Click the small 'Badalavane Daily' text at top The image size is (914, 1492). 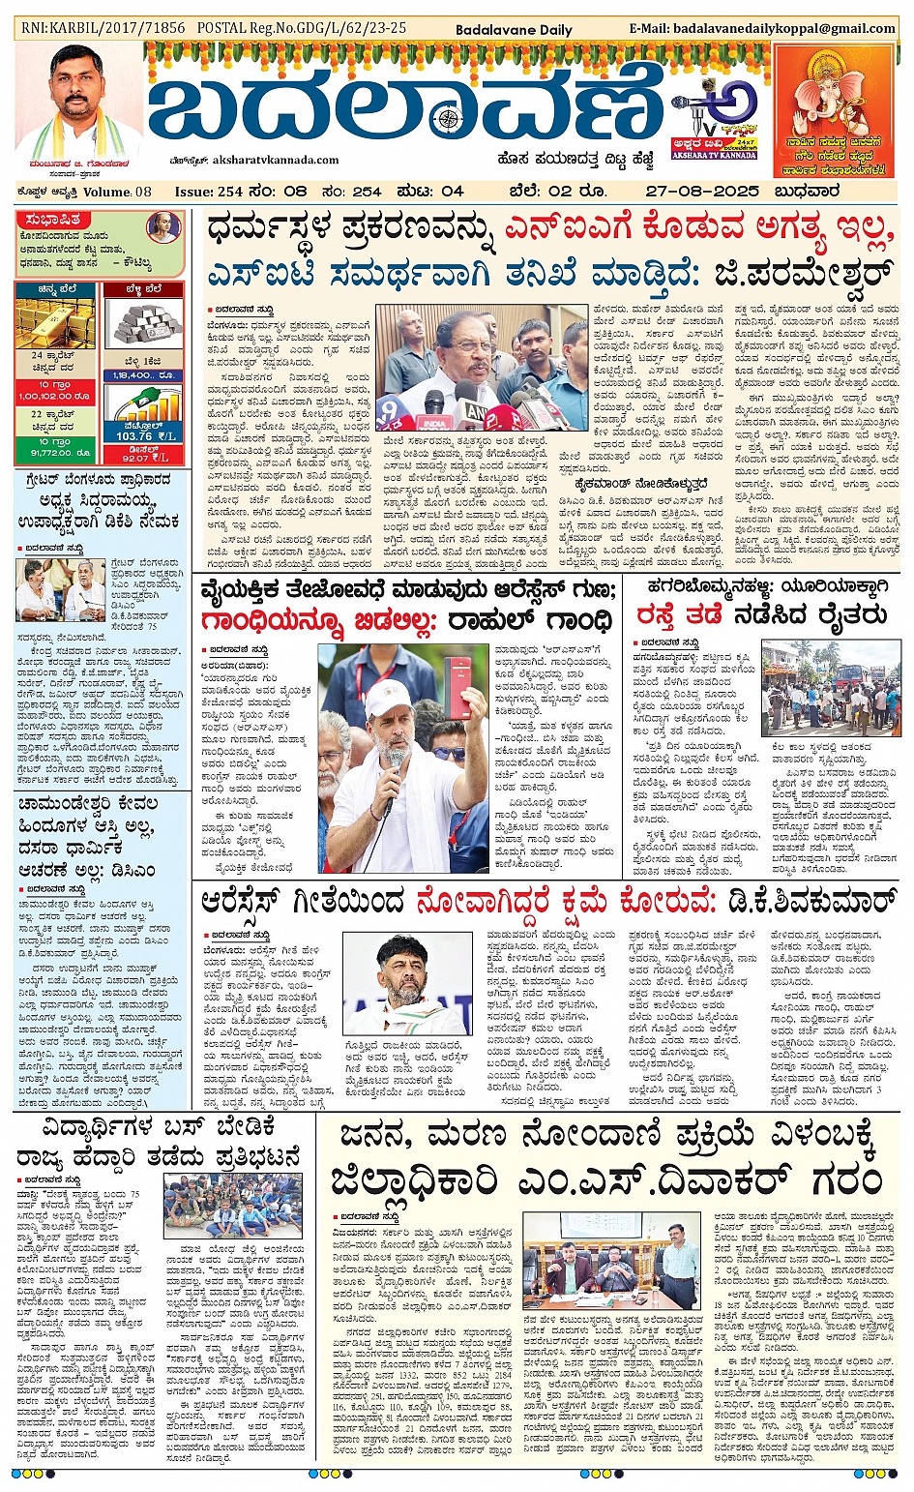(x=514, y=30)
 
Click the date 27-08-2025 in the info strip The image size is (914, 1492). (x=702, y=192)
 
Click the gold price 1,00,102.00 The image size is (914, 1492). (x=54, y=395)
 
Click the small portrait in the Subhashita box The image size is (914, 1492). (x=162, y=228)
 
